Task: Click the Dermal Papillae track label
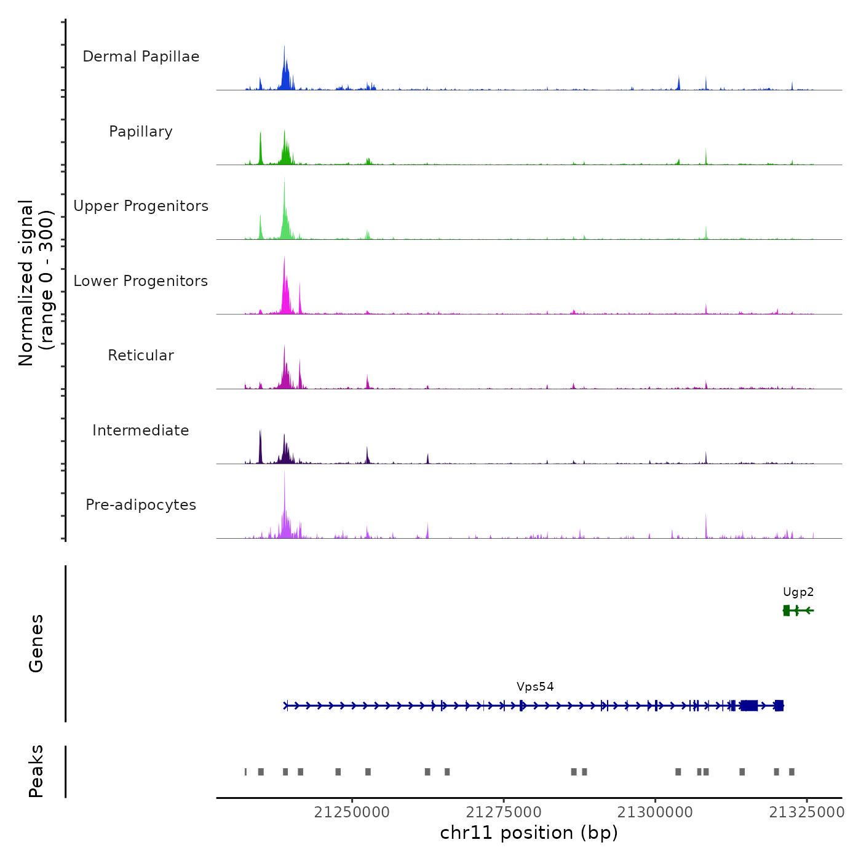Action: tap(141, 57)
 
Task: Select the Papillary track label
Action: tap(141, 132)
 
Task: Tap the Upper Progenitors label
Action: tap(141, 206)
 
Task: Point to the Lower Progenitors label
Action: tap(141, 281)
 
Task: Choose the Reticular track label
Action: tap(141, 355)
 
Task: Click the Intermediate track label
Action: tap(141, 430)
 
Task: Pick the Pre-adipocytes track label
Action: tap(141, 505)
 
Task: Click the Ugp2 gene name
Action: tap(798, 592)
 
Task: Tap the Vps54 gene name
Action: tap(535, 687)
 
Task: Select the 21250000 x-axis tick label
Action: tap(352, 812)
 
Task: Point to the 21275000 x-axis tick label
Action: tap(504, 812)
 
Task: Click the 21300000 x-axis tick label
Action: tap(655, 812)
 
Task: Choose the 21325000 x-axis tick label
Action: tap(807, 812)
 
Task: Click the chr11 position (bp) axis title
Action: tap(529, 833)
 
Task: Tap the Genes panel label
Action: tap(36, 643)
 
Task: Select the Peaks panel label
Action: tap(36, 771)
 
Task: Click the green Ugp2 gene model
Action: tap(798, 611)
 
